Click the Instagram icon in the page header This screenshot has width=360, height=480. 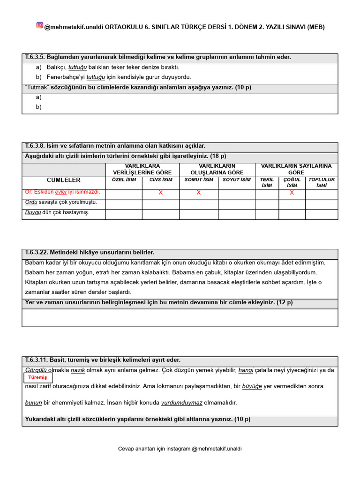point(40,26)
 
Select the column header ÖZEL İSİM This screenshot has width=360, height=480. point(124,180)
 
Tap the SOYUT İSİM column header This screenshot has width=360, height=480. point(236,180)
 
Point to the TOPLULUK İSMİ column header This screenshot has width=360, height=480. point(321,182)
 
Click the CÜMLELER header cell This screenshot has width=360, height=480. point(64,180)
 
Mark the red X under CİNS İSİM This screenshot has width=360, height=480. point(161,193)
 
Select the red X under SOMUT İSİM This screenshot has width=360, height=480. point(199,193)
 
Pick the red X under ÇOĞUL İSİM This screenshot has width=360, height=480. point(292,193)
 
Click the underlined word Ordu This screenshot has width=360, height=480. point(31,202)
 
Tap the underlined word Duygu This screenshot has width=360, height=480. point(33,212)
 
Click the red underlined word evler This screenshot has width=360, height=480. point(61,192)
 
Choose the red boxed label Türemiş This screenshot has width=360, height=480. point(37,378)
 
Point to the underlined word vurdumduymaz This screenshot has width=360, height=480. point(182,403)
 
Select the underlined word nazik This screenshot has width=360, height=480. point(78,370)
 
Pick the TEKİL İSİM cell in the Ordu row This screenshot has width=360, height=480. point(267,204)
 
